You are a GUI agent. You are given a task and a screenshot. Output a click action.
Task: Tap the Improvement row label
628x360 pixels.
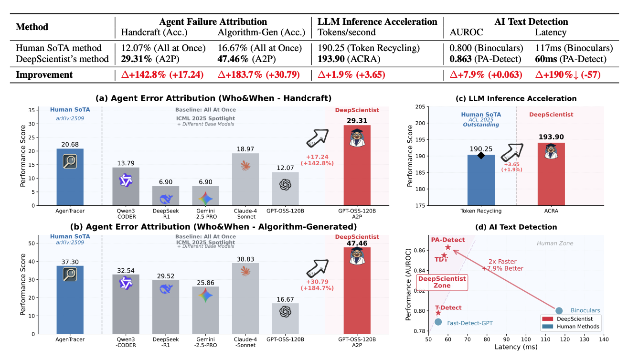(x=44, y=74)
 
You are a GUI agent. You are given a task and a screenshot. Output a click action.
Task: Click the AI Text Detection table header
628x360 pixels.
(x=532, y=21)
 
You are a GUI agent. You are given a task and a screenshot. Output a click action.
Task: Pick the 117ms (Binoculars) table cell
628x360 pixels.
(x=574, y=48)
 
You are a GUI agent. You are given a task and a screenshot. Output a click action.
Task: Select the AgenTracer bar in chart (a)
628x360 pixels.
(x=70, y=177)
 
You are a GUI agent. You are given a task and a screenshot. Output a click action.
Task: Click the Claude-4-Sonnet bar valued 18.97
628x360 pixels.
(x=245, y=179)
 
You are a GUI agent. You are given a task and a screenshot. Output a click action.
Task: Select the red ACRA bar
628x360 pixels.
(x=551, y=174)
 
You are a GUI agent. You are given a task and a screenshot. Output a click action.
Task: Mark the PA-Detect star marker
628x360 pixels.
(x=448, y=247)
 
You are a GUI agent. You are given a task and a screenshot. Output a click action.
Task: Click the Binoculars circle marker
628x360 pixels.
(x=559, y=310)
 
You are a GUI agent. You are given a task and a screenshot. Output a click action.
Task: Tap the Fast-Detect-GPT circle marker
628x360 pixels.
(x=438, y=322)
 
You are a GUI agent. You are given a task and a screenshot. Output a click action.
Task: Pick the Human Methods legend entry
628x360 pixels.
(x=570, y=327)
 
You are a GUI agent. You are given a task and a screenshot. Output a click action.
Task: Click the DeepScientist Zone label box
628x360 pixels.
(x=442, y=282)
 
